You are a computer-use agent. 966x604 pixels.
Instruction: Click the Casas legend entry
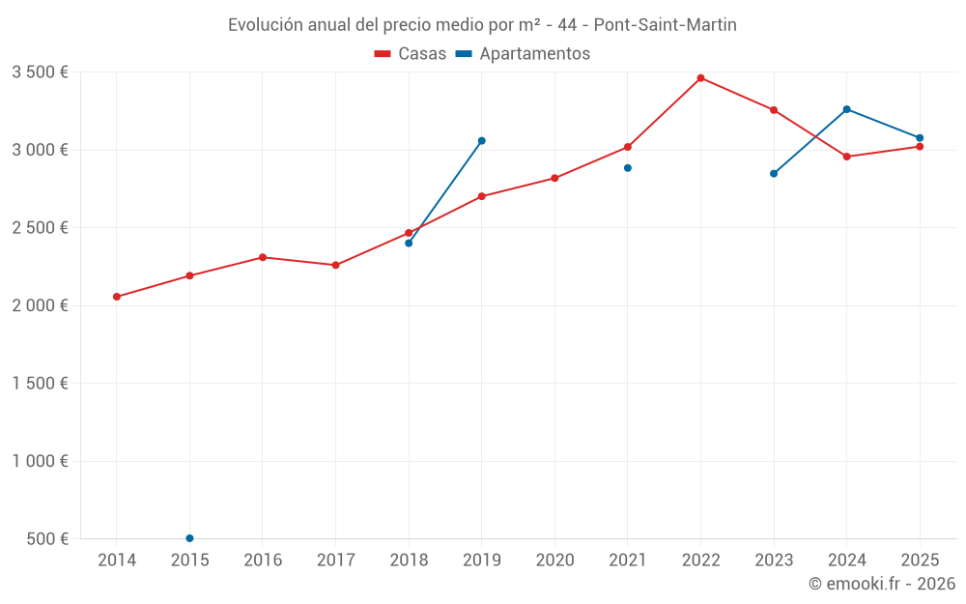[x=411, y=54]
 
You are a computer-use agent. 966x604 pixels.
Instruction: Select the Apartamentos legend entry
[x=523, y=54]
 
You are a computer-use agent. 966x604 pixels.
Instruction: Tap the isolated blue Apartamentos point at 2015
[x=189, y=538]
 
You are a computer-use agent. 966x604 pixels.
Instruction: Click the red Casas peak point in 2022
[x=700, y=78]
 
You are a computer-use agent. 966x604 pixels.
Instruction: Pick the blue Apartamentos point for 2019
[x=481, y=141]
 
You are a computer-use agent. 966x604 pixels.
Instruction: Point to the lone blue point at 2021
[x=627, y=168]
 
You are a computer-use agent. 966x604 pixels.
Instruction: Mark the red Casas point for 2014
[x=117, y=297]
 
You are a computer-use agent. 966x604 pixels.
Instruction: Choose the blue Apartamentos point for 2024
[x=846, y=109]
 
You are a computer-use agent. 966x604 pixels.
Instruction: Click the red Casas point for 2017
[x=335, y=265]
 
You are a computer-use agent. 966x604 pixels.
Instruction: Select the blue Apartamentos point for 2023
[x=774, y=174]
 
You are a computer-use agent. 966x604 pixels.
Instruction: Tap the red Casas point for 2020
[x=554, y=178]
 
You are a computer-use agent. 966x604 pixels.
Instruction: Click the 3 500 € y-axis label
[x=40, y=72]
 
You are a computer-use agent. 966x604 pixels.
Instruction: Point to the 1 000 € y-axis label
[x=40, y=461]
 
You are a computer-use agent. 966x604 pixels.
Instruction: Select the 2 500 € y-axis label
[x=40, y=228]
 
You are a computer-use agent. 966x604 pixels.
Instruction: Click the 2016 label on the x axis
[x=263, y=560]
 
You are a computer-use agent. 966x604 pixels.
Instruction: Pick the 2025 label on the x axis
[x=920, y=560]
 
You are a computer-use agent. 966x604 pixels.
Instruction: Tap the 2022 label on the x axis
[x=700, y=560]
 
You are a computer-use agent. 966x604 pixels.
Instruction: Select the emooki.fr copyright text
[x=882, y=584]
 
